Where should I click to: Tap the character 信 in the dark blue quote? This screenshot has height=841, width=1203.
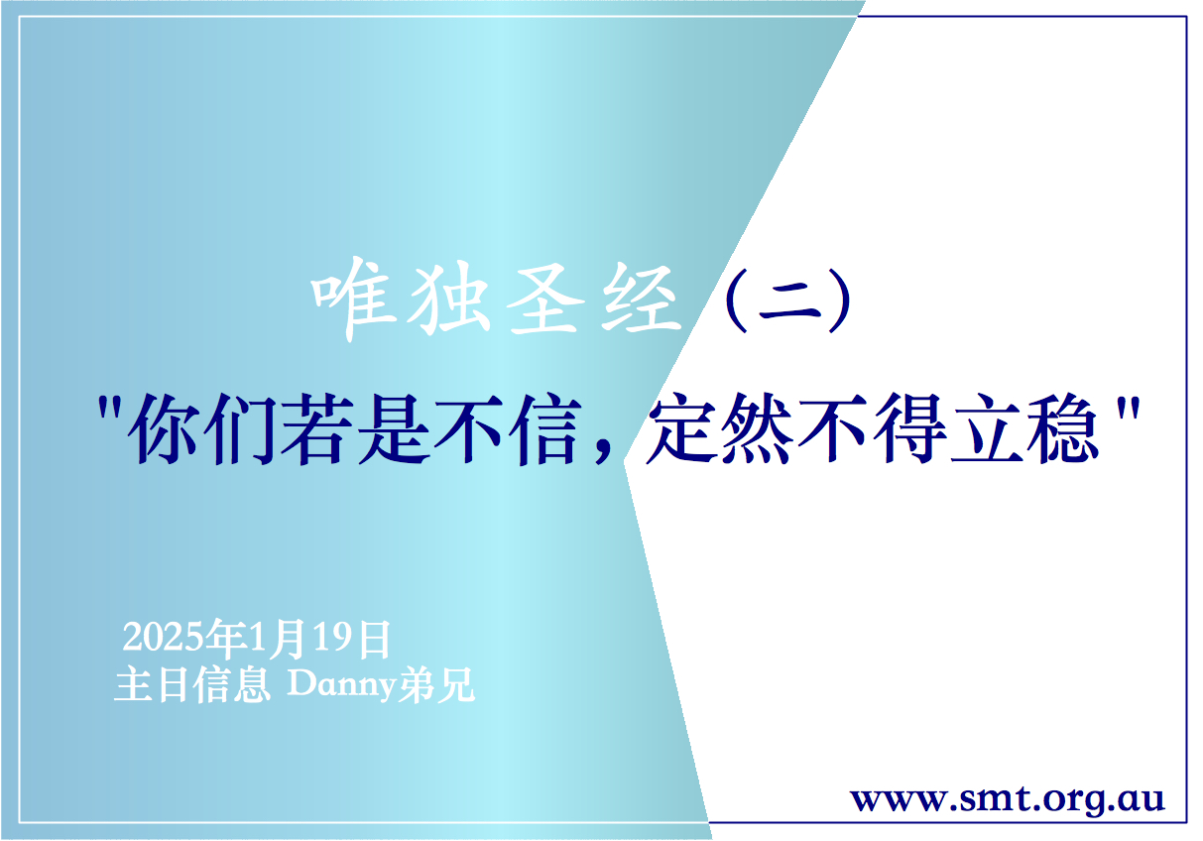[541, 431]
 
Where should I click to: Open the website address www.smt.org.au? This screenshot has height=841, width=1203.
[1008, 798]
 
